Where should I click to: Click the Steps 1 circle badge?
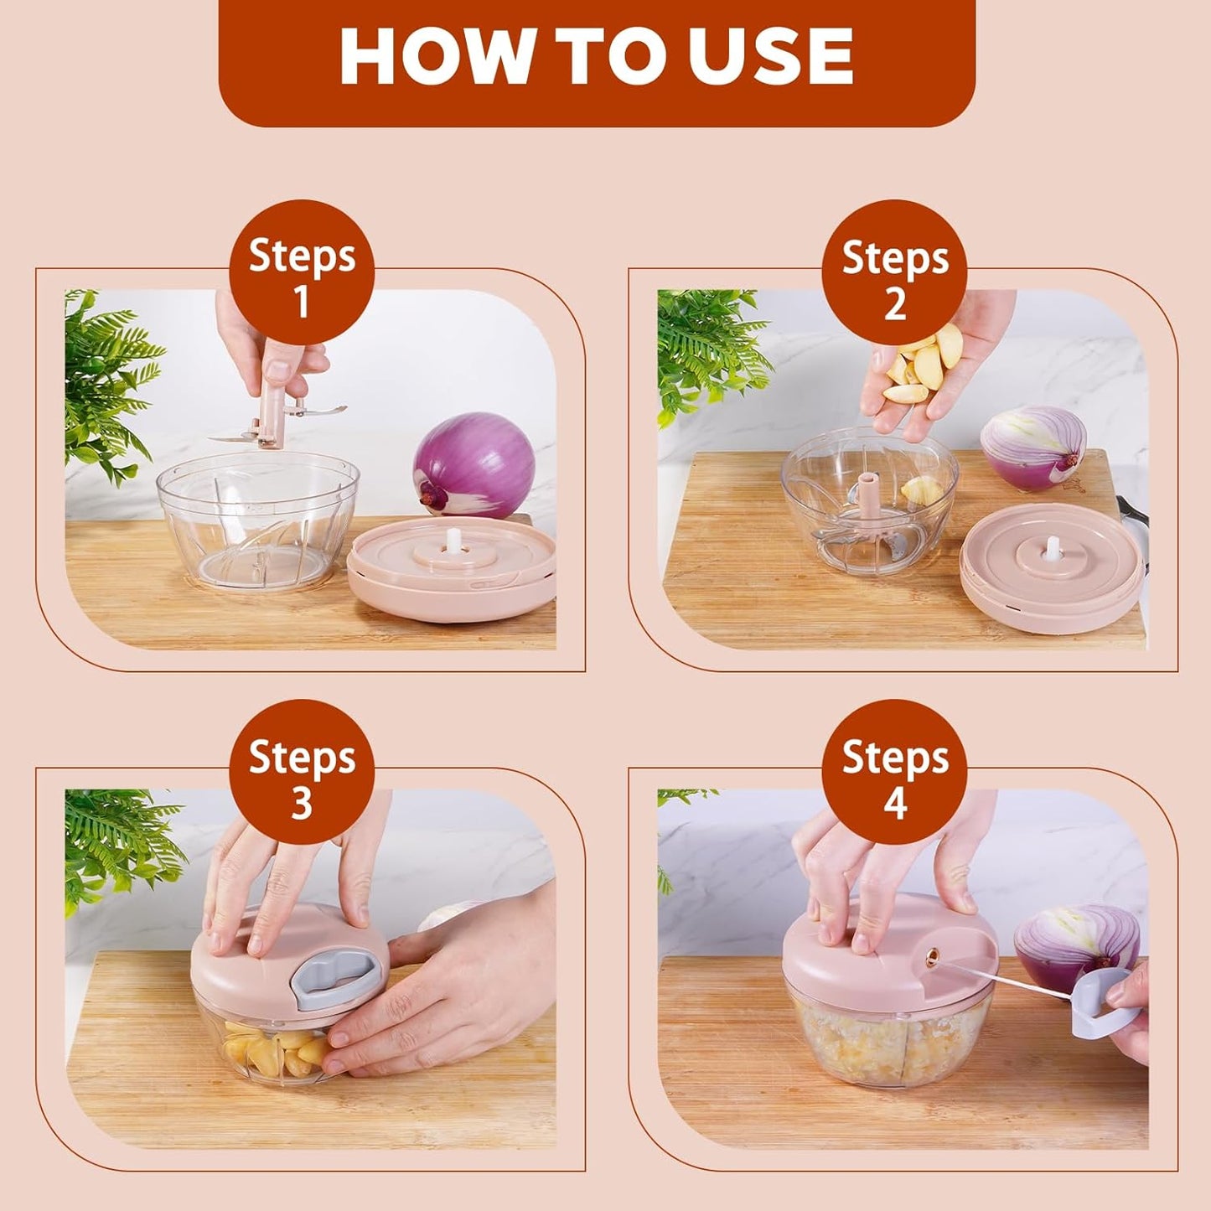click(x=302, y=272)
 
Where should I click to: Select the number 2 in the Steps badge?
click(x=894, y=303)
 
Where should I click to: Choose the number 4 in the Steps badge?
click(x=894, y=803)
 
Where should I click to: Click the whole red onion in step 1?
click(x=474, y=465)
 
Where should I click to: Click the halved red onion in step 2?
click(x=1033, y=448)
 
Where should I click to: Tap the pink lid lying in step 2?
click(x=1052, y=566)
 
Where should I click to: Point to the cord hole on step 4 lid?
click(x=931, y=955)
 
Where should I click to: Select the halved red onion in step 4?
click(x=1077, y=939)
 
